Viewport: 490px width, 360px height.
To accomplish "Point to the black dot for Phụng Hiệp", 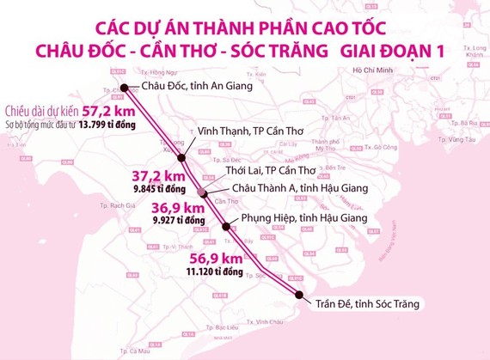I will coord(226,227).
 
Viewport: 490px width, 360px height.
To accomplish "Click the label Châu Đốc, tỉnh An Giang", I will coord(182,87).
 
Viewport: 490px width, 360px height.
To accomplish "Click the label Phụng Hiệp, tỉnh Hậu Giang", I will coord(298,218).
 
